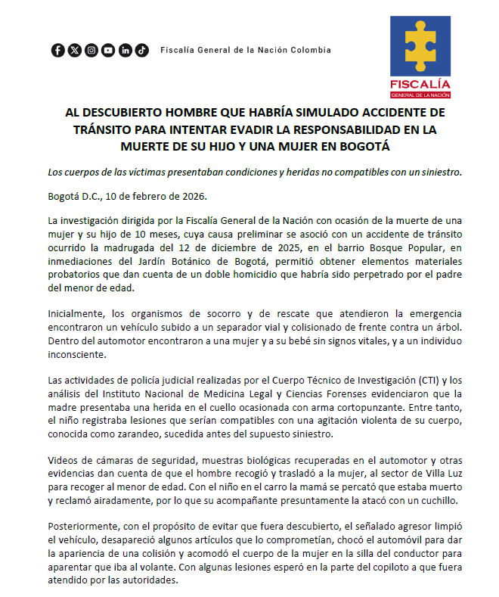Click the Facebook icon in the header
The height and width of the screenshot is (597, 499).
[58, 51]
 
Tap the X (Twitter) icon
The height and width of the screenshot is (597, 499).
[74, 51]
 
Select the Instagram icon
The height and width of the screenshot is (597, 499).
[91, 51]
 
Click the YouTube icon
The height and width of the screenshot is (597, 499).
[108, 51]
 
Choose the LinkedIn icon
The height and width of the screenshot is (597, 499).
[125, 51]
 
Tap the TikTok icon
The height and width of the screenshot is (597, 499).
[141, 51]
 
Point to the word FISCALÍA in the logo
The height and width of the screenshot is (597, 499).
[420, 83]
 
